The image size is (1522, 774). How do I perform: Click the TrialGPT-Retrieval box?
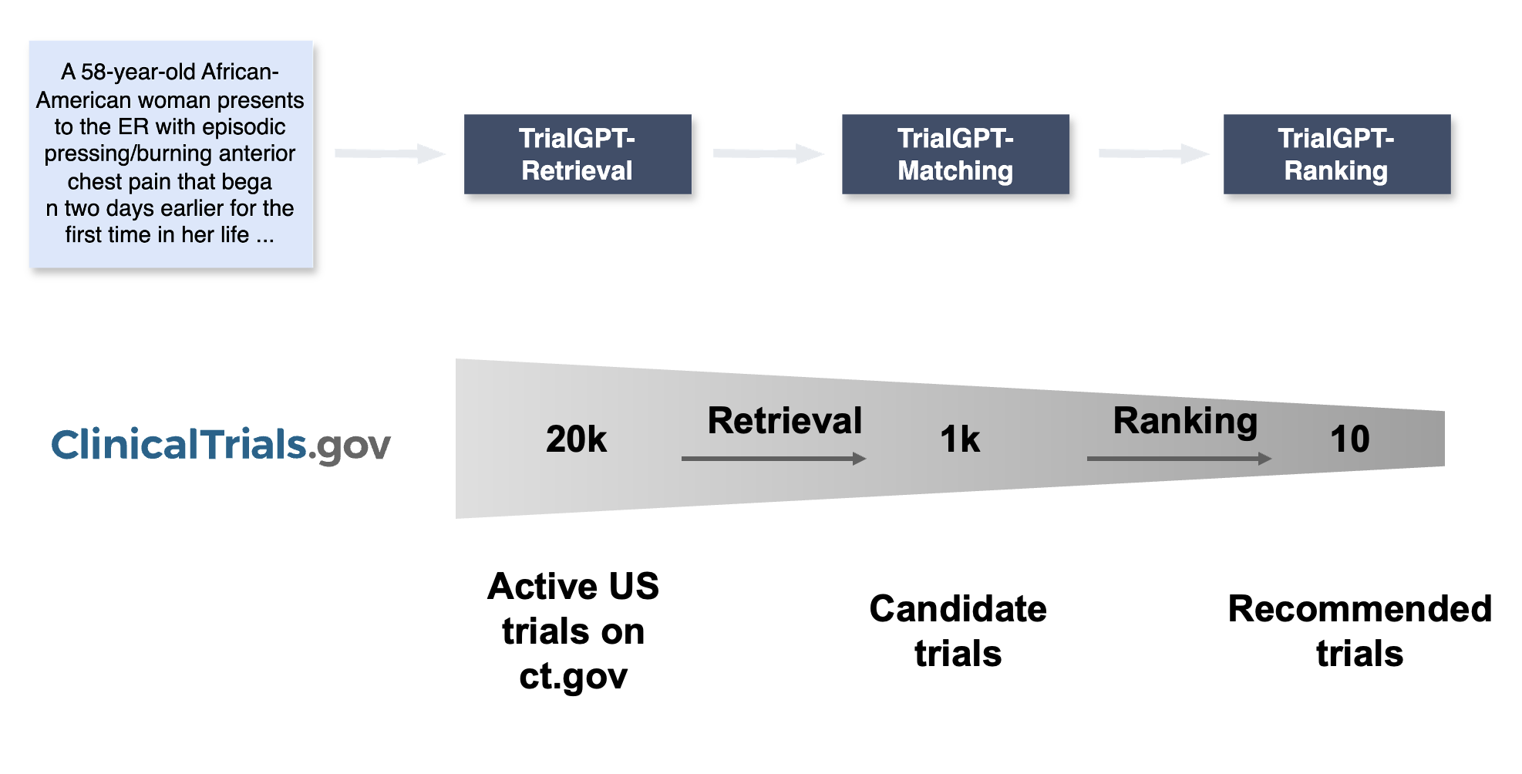click(577, 154)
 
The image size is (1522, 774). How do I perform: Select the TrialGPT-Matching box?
click(955, 154)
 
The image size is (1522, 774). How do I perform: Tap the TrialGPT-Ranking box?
click(1336, 154)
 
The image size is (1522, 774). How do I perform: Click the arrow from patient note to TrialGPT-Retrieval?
click(389, 153)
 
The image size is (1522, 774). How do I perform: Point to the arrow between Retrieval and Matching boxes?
click(767, 153)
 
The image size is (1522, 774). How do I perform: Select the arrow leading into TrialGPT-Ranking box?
click(1153, 153)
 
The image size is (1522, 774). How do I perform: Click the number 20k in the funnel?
click(576, 439)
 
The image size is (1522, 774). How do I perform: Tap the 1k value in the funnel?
click(960, 439)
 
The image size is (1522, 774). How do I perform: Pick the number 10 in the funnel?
click(1349, 439)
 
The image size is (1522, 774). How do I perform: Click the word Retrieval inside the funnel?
click(784, 421)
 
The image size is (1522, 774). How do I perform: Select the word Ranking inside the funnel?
click(1185, 421)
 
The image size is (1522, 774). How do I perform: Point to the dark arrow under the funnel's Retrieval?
click(773, 459)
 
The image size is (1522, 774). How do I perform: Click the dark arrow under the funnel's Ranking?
click(1178, 459)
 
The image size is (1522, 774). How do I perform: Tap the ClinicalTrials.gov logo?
click(221, 445)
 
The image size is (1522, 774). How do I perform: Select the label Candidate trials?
click(958, 631)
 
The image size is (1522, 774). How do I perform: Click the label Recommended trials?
click(1359, 631)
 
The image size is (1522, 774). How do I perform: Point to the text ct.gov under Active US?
click(573, 676)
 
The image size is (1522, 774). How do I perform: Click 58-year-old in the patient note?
click(129, 72)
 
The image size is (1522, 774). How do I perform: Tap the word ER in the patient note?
click(133, 126)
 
